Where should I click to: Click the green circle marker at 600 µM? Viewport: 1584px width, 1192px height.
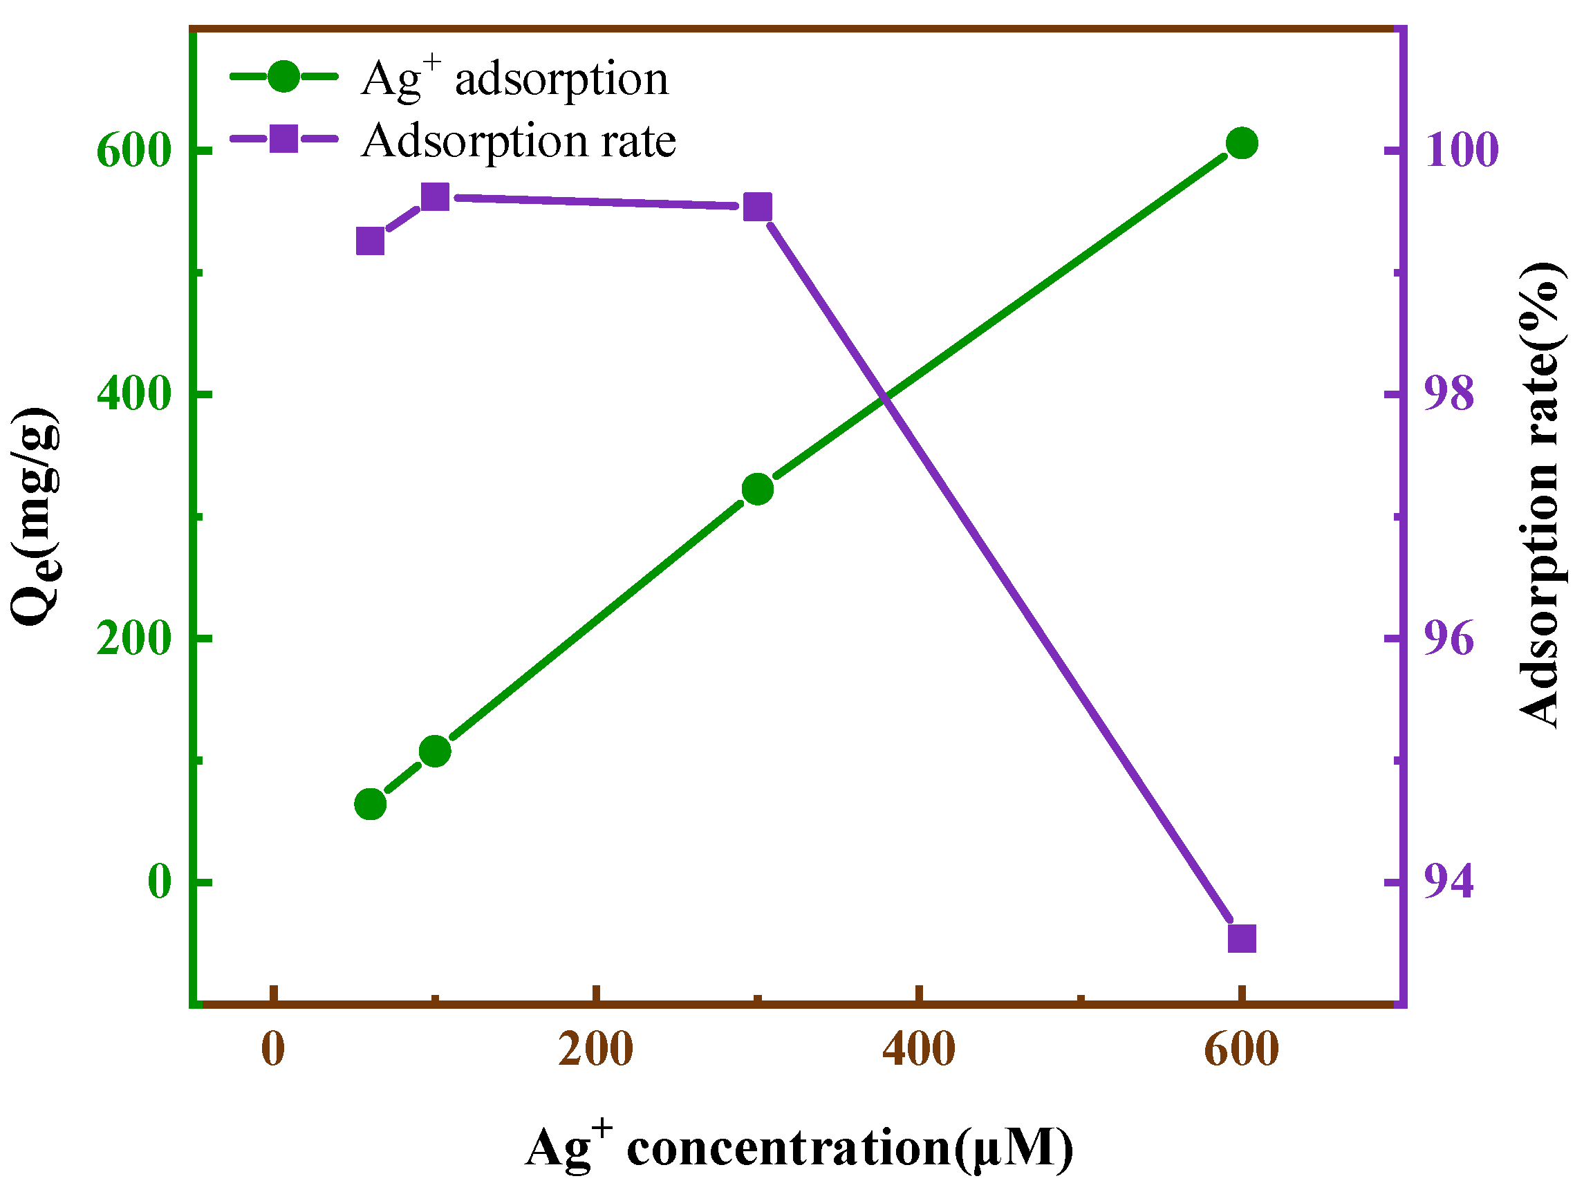1242,144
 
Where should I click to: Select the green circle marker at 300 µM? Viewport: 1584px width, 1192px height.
758,490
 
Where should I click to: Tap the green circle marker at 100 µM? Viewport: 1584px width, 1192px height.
435,752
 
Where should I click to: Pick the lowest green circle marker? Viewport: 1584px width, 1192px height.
370,805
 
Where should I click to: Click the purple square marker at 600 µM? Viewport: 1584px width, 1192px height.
1242,938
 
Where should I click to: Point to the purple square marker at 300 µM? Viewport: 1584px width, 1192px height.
758,207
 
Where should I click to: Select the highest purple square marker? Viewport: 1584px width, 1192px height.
435,197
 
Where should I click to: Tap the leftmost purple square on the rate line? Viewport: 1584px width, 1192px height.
370,242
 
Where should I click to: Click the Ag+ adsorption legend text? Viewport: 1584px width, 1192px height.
514,79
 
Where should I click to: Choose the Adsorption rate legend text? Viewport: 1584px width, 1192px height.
519,140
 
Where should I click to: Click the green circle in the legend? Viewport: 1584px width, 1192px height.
283,76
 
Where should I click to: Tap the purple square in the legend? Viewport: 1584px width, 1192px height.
283,138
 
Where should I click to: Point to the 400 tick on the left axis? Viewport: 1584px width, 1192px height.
135,393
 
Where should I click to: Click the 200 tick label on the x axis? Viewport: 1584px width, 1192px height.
596,1050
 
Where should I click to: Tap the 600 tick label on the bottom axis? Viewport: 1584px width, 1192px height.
1242,1050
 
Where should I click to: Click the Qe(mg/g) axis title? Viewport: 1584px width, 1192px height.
36,516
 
